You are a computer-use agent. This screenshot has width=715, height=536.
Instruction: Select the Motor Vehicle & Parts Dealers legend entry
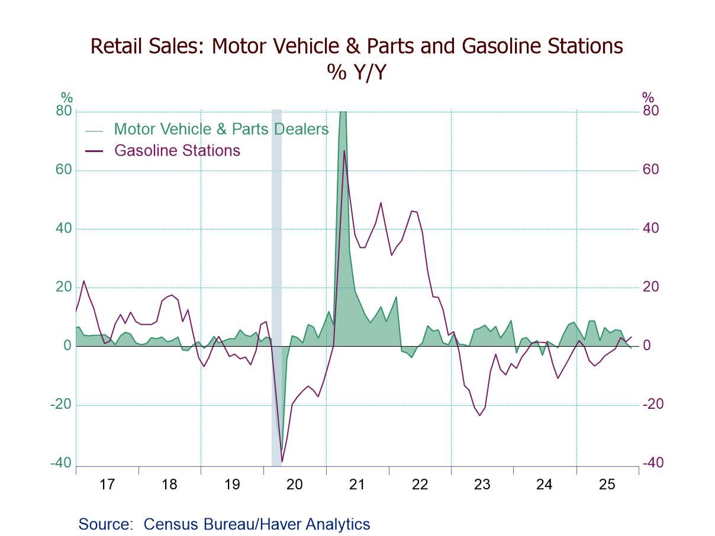[221, 129]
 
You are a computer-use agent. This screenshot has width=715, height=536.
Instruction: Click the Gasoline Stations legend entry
[177, 150]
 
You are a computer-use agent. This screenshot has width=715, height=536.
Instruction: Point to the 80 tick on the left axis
[64, 111]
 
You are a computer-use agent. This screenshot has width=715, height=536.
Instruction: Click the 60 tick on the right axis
[650, 170]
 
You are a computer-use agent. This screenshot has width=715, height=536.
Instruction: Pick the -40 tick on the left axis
[61, 463]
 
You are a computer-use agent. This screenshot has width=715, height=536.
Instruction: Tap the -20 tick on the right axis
[653, 405]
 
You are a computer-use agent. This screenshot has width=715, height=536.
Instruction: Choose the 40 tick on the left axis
[64, 229]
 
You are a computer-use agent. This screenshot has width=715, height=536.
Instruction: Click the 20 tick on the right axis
[650, 288]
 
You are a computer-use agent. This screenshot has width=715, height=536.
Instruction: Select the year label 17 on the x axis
[107, 485]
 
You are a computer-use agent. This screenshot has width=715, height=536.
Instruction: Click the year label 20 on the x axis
[294, 485]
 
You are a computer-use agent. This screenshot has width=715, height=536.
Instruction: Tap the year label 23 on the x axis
[482, 485]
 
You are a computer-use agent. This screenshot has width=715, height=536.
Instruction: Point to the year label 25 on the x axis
[607, 485]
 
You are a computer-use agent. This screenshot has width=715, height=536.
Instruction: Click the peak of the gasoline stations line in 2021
[344, 151]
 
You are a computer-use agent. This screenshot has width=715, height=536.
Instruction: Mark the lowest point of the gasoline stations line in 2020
[282, 461]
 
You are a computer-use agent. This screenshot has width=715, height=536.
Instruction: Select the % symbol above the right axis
[648, 98]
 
